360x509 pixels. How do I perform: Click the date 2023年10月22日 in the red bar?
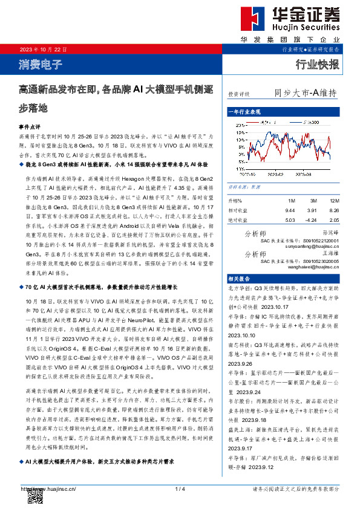44,48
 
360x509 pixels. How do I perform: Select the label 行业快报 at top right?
317,65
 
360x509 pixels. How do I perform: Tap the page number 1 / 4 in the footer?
179,488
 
